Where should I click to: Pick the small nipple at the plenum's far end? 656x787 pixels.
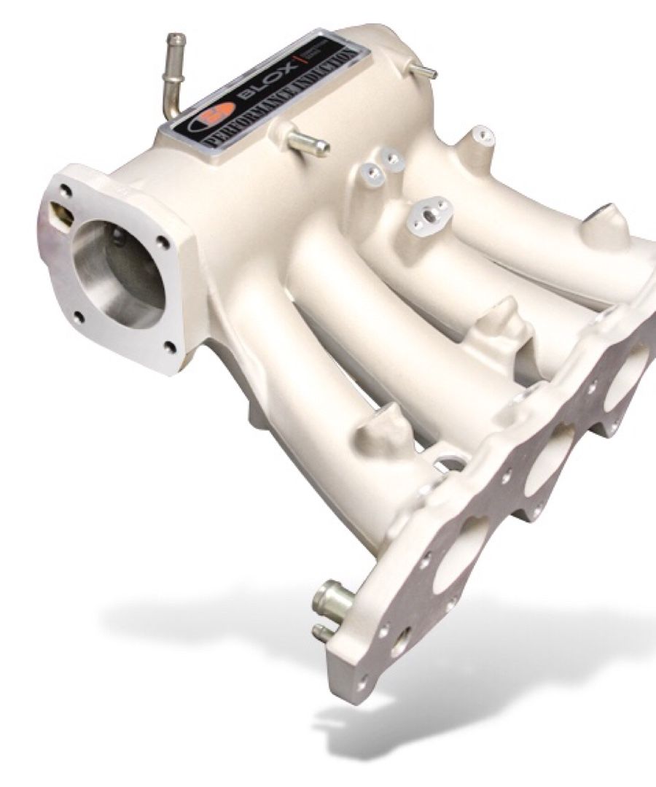(423, 71)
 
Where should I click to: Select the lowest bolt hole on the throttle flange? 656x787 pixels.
(171, 346)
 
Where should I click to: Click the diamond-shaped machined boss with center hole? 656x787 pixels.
(430, 212)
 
